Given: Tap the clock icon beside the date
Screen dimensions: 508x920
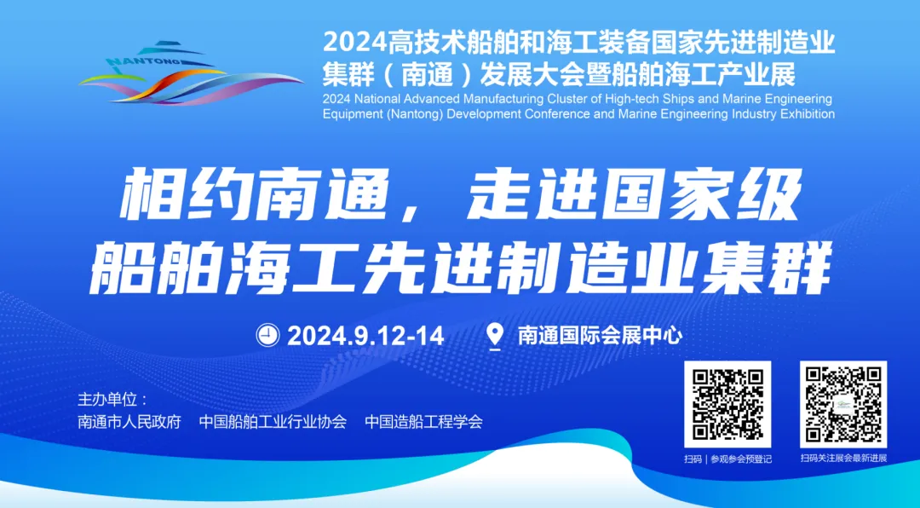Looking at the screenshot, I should click(x=267, y=335).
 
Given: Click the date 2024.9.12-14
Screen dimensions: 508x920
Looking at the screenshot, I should click(x=365, y=336).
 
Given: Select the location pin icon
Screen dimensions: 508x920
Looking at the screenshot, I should click(x=494, y=335).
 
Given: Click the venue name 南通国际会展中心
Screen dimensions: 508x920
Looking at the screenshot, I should click(x=600, y=336).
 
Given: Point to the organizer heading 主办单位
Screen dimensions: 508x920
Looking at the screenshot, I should click(x=112, y=399).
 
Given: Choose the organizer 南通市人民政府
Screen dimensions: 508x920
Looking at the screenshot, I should click(x=129, y=422).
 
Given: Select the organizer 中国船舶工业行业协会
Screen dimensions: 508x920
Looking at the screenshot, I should click(x=273, y=422).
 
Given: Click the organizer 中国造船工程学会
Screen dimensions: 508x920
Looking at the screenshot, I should click(x=423, y=422).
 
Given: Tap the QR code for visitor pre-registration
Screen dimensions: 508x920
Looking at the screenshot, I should click(x=727, y=404).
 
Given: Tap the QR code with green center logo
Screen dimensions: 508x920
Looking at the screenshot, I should click(x=842, y=404).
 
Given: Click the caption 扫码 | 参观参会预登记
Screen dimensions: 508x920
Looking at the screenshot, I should click(x=727, y=459).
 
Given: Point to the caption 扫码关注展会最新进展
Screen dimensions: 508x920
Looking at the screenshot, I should click(x=843, y=459).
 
